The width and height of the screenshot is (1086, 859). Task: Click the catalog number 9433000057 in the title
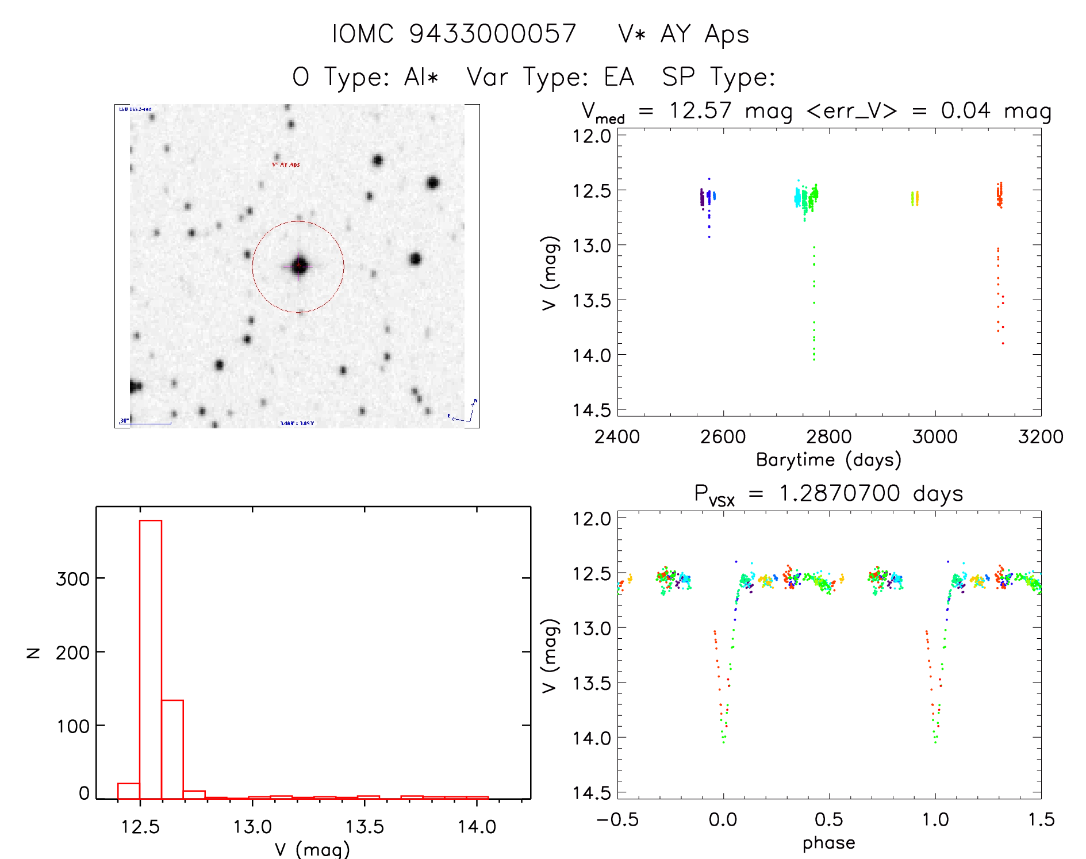pyautogui.click(x=493, y=34)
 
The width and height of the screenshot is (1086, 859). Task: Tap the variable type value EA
pyautogui.click(x=619, y=77)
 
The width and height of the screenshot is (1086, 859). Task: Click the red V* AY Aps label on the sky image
pyautogui.click(x=286, y=165)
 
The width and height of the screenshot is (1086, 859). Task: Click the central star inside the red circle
pyautogui.click(x=298, y=266)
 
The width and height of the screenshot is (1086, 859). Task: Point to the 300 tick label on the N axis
pyautogui.click(x=72, y=579)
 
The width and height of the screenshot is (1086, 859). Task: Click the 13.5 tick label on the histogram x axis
pyautogui.click(x=364, y=827)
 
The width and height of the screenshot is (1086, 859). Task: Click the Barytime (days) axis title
pyautogui.click(x=828, y=460)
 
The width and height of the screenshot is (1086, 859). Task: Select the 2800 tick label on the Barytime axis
pyautogui.click(x=829, y=437)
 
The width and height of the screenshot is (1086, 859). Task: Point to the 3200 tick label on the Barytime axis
pyautogui.click(x=1041, y=437)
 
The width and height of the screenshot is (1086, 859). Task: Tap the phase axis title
pyautogui.click(x=828, y=843)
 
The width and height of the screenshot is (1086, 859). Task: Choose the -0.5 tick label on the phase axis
pyautogui.click(x=617, y=820)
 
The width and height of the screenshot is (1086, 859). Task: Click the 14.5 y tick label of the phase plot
pyautogui.click(x=592, y=793)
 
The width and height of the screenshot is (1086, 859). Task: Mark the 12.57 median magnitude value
pyautogui.click(x=700, y=110)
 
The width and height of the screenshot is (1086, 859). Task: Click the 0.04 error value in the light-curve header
pyautogui.click(x=966, y=110)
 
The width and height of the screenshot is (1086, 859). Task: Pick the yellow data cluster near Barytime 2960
pyautogui.click(x=915, y=198)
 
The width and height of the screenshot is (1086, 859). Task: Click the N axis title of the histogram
pyautogui.click(x=34, y=652)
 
